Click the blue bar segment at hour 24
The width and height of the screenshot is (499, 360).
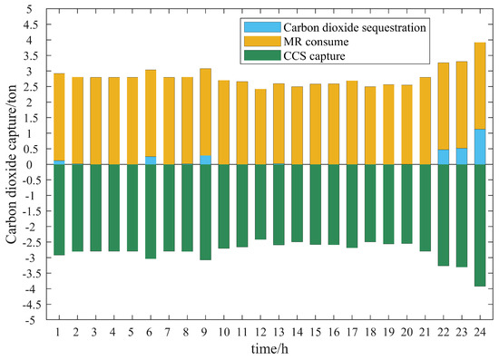coord(479,147)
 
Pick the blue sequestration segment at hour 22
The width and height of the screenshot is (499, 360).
coord(443,157)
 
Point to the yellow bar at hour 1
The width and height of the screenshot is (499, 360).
coord(60,117)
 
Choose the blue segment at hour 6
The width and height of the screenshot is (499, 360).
coord(152,161)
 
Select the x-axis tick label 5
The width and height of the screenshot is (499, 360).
coord(133,333)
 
